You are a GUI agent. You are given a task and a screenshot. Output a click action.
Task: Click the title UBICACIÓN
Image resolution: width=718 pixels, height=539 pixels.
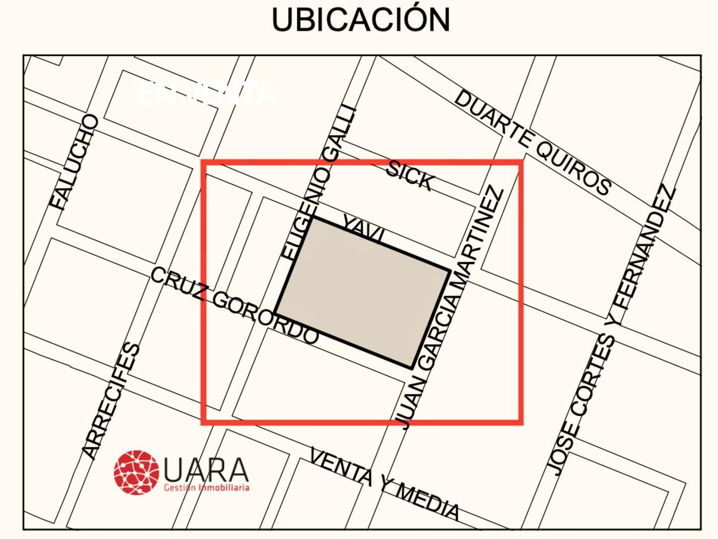360,20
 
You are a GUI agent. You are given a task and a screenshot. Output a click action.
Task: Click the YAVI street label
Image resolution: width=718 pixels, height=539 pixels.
363,229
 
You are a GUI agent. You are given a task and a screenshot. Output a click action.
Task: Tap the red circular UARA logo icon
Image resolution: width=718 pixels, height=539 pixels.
136,472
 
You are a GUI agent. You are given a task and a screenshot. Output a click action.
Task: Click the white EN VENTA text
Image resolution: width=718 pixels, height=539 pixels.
207,93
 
